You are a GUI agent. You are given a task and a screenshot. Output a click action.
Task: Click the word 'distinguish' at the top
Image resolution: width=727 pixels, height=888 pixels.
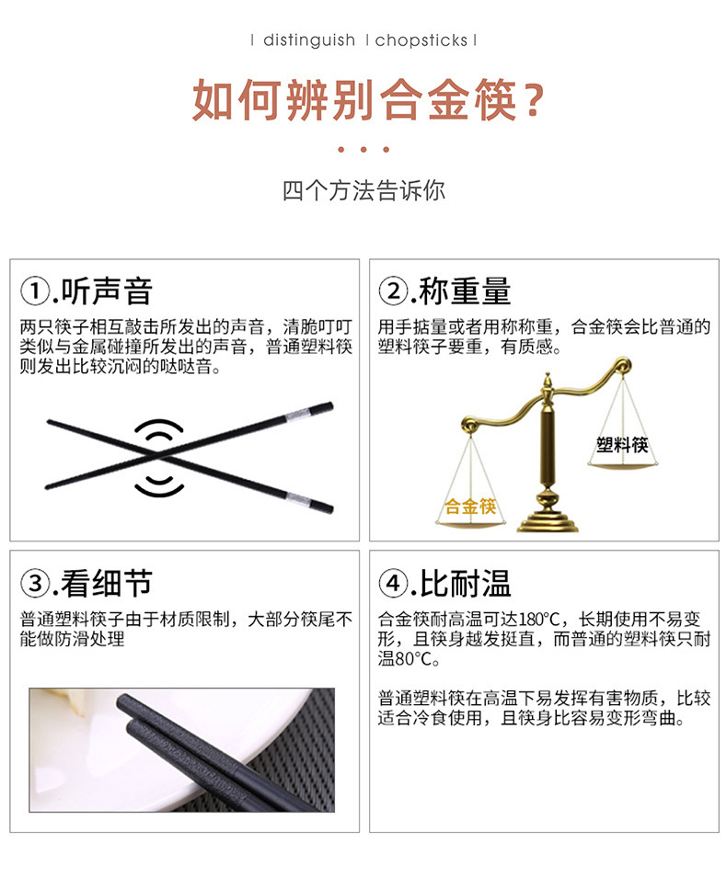pos(308,40)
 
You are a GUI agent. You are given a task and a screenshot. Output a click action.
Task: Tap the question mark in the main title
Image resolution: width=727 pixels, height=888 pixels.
pos(527,100)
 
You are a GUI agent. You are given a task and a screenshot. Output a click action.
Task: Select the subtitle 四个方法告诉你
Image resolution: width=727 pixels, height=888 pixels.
pos(363,191)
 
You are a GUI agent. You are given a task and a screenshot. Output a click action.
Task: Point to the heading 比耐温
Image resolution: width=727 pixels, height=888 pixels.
pos(465,583)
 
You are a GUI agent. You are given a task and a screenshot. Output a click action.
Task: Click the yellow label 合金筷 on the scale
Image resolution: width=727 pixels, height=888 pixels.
pos(470,507)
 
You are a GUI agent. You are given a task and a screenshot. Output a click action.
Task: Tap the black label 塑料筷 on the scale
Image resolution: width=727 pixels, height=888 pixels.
pos(622,445)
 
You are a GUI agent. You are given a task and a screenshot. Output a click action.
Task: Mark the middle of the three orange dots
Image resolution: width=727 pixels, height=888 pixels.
pos(363,150)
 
